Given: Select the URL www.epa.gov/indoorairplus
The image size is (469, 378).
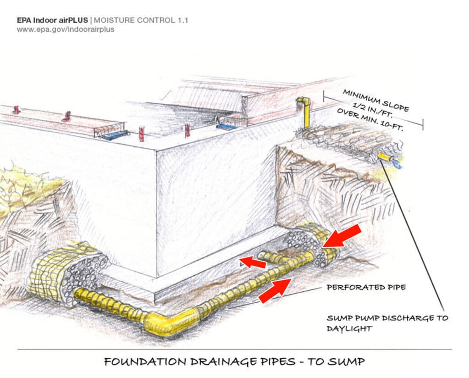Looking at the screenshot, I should [x=65, y=29].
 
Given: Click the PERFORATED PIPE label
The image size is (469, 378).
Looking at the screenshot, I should [x=366, y=288].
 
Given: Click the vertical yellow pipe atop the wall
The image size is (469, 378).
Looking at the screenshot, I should [x=304, y=112].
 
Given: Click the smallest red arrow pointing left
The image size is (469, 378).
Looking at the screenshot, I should [x=252, y=262].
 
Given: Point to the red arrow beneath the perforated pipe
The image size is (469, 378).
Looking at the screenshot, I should [x=275, y=290].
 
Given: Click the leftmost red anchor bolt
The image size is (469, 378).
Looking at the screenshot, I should [x=16, y=110].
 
